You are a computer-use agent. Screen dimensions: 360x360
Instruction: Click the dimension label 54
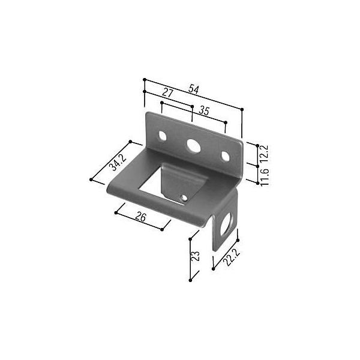(x=194, y=89)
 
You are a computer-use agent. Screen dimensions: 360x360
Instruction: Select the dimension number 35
(x=203, y=110)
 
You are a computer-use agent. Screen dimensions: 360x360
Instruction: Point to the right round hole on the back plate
(x=225, y=157)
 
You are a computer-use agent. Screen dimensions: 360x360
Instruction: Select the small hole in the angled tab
(x=184, y=196)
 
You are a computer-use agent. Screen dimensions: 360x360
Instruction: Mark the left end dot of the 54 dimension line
(x=145, y=79)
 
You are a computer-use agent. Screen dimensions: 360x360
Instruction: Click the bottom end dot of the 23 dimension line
(x=190, y=280)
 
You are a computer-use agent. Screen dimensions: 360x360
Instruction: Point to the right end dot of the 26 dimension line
(x=163, y=229)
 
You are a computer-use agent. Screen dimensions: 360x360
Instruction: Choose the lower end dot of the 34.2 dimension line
(x=91, y=179)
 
